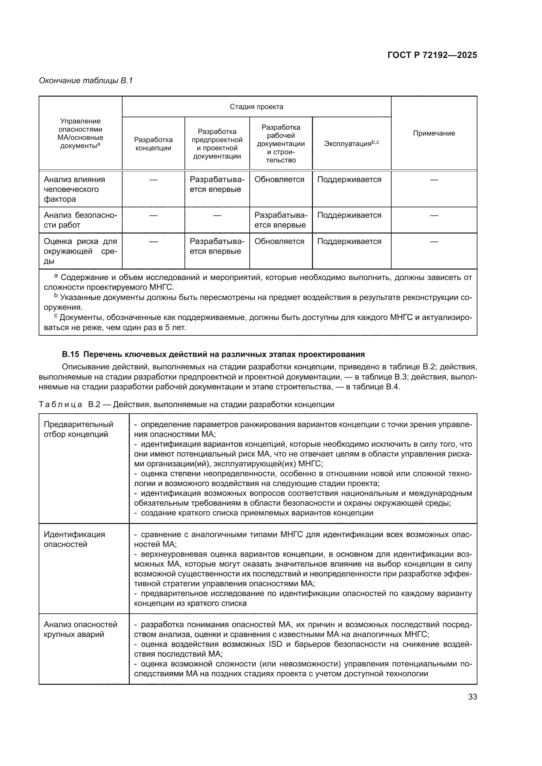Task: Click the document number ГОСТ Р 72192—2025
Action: pyautogui.click(x=432, y=55)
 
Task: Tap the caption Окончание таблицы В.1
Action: pyautogui.click(x=86, y=81)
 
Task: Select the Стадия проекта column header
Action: pyautogui.click(x=256, y=107)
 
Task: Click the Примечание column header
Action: pyautogui.click(x=434, y=133)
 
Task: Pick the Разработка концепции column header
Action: pyautogui.click(x=153, y=144)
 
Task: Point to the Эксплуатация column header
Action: pyautogui.click(x=351, y=143)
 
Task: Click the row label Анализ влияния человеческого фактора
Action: pyautogui.click(x=74, y=189)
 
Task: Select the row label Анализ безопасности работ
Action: pyautogui.click(x=80, y=220)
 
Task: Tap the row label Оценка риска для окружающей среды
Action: pyautogui.click(x=80, y=251)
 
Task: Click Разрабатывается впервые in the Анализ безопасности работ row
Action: pyautogui.click(x=281, y=220)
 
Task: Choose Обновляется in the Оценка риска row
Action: pyautogui.click(x=279, y=241)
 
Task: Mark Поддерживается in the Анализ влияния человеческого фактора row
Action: pyautogui.click(x=349, y=179)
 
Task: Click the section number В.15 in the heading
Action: pyautogui.click(x=70, y=354)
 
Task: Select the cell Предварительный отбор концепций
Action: pyautogui.click(x=78, y=429)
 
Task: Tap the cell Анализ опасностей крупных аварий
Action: pyautogui.click(x=80, y=629)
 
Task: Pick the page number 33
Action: pyautogui.click(x=472, y=697)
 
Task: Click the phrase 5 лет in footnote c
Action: pyautogui.click(x=176, y=327)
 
